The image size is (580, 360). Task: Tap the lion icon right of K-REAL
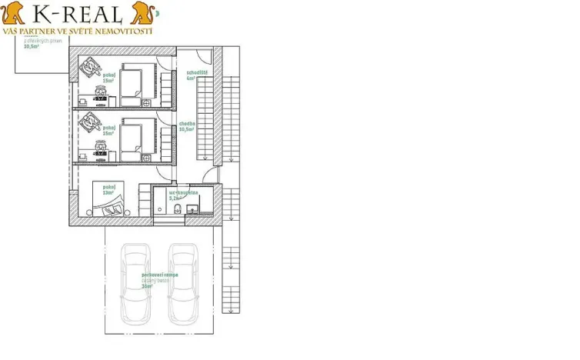coord(142,12)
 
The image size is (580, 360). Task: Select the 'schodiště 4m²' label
coord(197,75)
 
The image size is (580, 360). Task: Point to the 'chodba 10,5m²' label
coord(187,126)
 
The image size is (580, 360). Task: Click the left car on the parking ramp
coord(136,282)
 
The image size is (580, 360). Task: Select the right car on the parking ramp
coord(183,282)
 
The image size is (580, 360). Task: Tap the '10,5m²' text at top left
coord(32,46)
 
